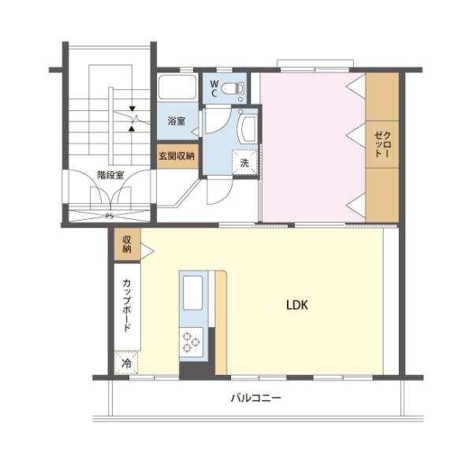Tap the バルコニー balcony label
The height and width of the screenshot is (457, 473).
point(255,398)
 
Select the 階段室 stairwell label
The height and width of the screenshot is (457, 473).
point(110,175)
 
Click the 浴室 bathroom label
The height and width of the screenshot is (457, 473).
point(177,121)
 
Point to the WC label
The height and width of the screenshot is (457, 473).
point(214,87)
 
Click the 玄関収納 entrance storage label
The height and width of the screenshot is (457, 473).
point(177,155)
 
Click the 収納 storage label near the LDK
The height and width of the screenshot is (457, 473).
point(126,244)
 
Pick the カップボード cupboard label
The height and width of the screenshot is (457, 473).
point(126,303)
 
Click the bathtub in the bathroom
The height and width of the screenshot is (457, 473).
point(177,87)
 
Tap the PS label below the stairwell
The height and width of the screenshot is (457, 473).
point(108,214)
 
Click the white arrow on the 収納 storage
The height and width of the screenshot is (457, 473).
point(146,251)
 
